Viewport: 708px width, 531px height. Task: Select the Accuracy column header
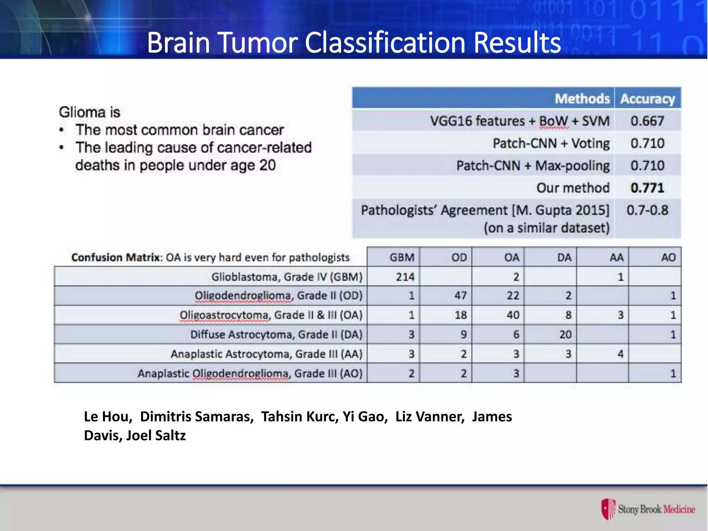[647, 99]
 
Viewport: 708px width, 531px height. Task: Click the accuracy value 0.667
[647, 121]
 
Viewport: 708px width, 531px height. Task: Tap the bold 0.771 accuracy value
[647, 188]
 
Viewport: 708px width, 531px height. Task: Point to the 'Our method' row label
[573, 188]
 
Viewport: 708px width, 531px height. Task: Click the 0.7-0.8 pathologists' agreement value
[647, 210]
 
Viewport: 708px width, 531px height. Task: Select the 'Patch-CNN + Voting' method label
[551, 143]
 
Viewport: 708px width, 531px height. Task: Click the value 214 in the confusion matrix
[405, 277]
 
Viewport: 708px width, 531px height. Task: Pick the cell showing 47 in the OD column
[460, 296]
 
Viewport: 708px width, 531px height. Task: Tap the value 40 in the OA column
[513, 315]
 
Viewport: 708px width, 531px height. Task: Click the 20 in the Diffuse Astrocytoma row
[565, 334]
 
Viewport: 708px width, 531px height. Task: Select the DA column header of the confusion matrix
[564, 258]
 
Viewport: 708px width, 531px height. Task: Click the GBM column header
[402, 258]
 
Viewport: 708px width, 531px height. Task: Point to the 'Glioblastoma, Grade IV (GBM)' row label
[287, 277]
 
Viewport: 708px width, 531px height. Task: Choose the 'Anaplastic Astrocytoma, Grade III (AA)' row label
[266, 354]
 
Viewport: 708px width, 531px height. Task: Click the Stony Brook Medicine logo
[648, 509]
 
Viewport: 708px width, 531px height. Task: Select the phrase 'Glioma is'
[89, 112]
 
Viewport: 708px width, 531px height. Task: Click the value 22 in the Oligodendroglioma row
[513, 296]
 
